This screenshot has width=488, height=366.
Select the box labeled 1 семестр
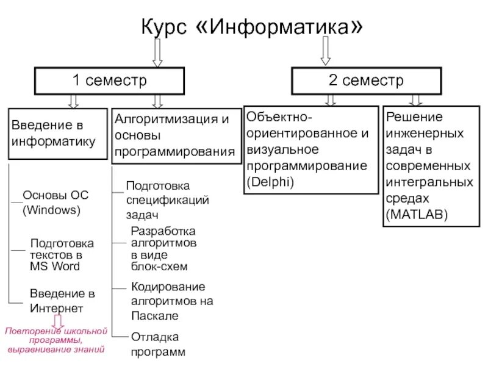[x=109, y=81]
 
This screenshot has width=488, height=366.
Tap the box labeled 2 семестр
[x=367, y=81]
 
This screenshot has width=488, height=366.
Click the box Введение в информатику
[x=58, y=134]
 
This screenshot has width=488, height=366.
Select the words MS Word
[x=55, y=267]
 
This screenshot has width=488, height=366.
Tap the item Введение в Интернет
[x=62, y=301]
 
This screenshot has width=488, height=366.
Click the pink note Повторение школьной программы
[x=56, y=340]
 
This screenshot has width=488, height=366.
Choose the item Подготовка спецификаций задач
[x=167, y=199]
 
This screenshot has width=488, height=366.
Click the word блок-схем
[x=159, y=267]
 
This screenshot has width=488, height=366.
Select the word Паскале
[x=155, y=315]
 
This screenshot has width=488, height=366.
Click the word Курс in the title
[x=167, y=28]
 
